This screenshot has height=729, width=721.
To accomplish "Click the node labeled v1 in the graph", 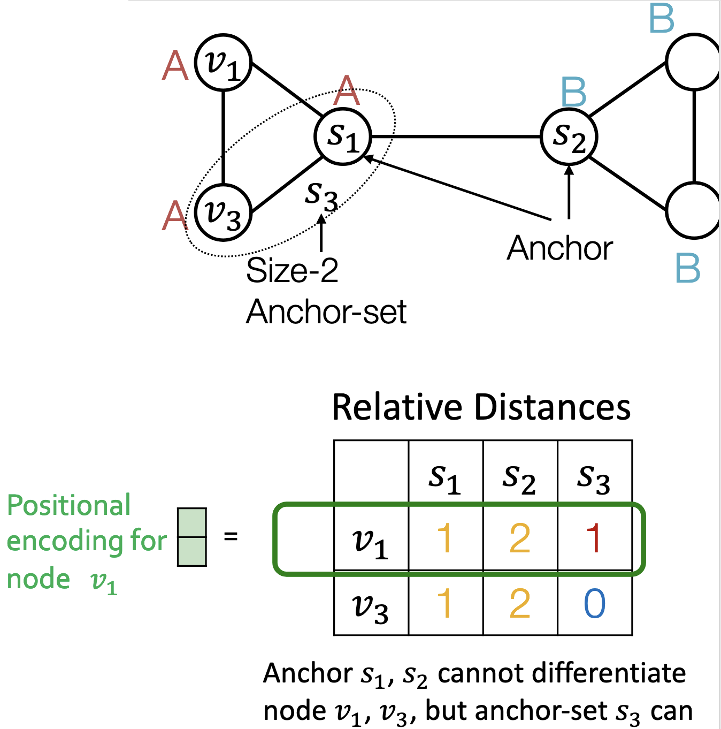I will (x=223, y=63).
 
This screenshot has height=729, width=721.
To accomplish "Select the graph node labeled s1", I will (x=343, y=137).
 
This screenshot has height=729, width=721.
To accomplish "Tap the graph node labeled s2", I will (x=569, y=137).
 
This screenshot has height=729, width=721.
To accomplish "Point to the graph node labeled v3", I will (x=223, y=212).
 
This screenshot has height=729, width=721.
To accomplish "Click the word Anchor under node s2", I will (x=559, y=248).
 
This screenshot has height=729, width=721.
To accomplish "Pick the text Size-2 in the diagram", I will (x=292, y=270).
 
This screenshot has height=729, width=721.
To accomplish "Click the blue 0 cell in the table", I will (x=594, y=604).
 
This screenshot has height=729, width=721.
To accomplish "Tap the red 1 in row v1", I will (x=594, y=538).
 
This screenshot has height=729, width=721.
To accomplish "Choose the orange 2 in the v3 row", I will (x=520, y=604).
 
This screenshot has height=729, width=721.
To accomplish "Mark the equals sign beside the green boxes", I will (x=231, y=536).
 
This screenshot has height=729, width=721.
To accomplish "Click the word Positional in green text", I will (x=68, y=505).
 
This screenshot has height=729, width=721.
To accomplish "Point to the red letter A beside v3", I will (x=175, y=216).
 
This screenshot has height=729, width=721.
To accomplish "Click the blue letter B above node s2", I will (x=574, y=93).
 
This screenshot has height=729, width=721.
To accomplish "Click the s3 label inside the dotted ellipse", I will (x=321, y=195).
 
